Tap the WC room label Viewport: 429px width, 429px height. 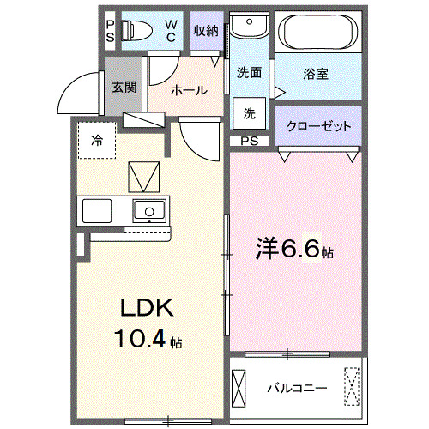click(171, 32)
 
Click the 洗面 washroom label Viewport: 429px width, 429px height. click(249, 74)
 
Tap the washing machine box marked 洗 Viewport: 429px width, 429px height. click(248, 112)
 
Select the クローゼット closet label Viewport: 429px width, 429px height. click(318, 126)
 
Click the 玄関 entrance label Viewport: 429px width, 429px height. click(123, 87)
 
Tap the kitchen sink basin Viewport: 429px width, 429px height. click(150, 210)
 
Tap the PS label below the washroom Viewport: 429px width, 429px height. click(248, 141)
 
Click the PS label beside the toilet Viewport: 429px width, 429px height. click(109, 32)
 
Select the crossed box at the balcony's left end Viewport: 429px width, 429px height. click(240, 388)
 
